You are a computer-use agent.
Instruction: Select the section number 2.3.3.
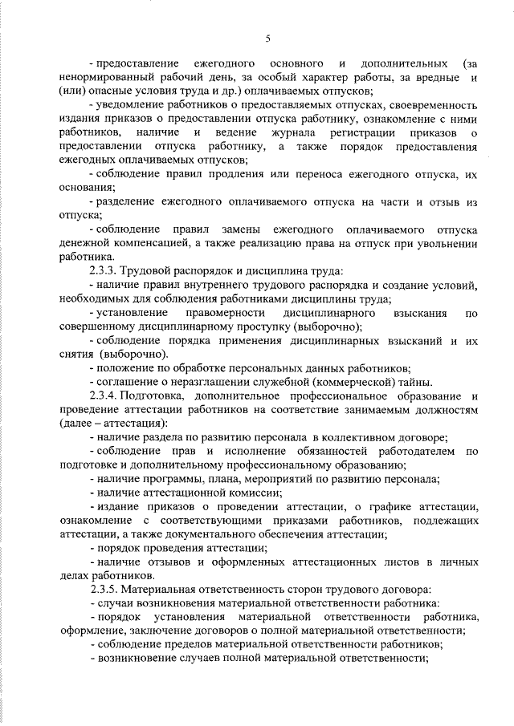pyautogui.click(x=106, y=270)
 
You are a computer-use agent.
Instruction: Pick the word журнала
pyautogui.click(x=296, y=132)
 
